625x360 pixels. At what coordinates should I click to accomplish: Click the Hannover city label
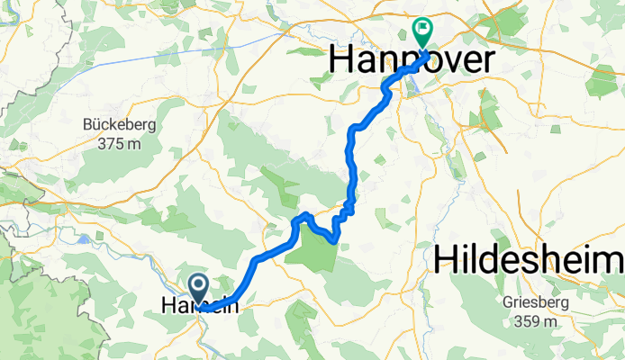[x=412, y=60]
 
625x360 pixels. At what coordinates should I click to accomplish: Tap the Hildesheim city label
[x=530, y=259]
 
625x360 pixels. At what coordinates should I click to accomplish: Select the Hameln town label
[x=200, y=306]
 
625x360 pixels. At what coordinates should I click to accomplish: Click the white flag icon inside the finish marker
[x=421, y=29]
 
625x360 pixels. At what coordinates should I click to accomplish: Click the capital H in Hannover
[x=342, y=60]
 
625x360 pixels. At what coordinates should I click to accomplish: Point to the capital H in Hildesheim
[x=445, y=259]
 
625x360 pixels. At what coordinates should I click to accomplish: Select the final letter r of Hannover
[x=486, y=60]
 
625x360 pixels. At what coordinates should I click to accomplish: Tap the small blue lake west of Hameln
[x=86, y=239]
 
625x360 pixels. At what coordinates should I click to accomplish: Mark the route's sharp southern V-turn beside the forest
[x=335, y=240]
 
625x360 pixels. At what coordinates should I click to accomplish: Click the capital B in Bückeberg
[x=87, y=125]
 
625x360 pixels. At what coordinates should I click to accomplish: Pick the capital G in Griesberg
[x=510, y=303]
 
